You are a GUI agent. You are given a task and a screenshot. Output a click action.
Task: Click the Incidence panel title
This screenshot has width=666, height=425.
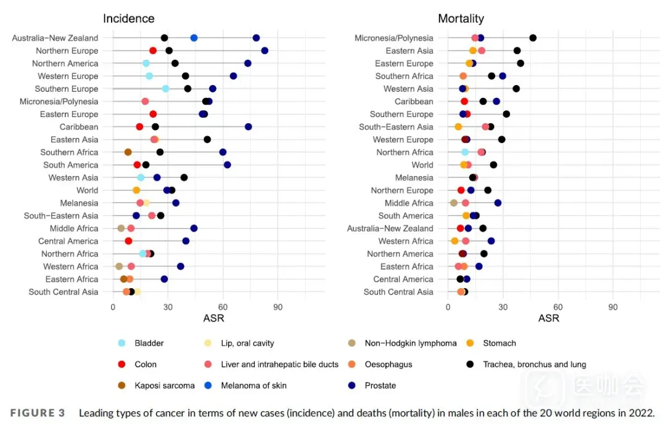[128, 18]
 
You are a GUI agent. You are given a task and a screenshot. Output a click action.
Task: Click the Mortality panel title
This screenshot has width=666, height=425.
[461, 18]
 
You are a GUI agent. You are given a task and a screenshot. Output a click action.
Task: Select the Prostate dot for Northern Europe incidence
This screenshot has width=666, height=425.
[265, 51]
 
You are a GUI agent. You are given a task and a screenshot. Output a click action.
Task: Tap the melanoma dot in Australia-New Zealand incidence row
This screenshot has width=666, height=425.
[194, 38]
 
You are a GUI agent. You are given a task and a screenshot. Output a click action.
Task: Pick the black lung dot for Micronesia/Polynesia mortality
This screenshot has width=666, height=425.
[533, 38]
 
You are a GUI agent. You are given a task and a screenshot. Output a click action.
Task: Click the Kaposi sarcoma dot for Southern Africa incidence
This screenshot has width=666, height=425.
[128, 152]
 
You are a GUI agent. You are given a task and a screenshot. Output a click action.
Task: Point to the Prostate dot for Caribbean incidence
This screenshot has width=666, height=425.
[248, 127]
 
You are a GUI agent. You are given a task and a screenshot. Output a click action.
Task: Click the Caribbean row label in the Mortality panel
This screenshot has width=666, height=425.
[414, 102]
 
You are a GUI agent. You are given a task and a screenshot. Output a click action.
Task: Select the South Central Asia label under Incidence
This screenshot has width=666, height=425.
[63, 292]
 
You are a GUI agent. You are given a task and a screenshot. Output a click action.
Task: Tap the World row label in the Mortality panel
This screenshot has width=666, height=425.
[422, 165]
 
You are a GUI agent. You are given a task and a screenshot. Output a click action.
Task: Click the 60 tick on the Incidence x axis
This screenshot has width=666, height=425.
[223, 307]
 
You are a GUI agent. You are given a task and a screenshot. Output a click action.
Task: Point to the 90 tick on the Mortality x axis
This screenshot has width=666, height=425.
[612, 307]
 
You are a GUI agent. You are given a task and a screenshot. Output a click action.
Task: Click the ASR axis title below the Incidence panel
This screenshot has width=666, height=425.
[213, 318]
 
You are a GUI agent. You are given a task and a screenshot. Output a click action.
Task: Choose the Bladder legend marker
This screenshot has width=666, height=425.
[121, 343]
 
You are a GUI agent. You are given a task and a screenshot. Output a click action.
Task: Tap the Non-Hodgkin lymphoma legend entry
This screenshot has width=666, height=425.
[411, 343]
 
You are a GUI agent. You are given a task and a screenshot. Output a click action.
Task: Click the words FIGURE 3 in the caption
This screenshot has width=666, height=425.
[37, 413]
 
